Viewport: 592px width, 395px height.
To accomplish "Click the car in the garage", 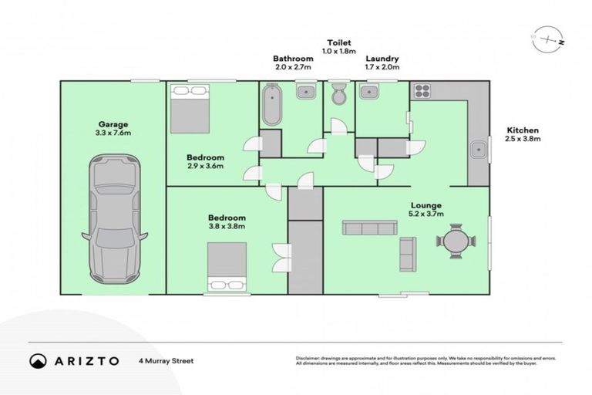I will (x=113, y=218).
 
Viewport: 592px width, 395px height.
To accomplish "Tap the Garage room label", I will (x=113, y=123).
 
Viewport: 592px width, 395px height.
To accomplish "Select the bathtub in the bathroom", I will (x=271, y=106).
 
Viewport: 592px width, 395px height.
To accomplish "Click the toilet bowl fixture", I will (x=338, y=96).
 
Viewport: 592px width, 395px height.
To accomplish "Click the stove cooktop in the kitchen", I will (x=421, y=91).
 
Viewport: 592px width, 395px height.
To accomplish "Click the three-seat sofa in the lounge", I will (x=367, y=228).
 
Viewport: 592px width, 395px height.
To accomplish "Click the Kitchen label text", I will (x=522, y=130).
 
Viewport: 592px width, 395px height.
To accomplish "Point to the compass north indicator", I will (x=548, y=39).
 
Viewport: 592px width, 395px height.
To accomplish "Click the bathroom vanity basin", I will (x=305, y=93).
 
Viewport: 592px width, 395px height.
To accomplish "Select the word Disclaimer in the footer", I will (x=311, y=359).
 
